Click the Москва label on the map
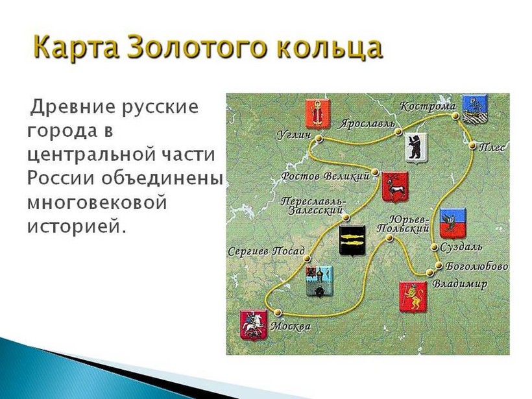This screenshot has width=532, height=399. tap(291, 326)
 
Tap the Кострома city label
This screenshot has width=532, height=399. tap(428, 106)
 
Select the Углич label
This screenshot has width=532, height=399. tap(294, 135)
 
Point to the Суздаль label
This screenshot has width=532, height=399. tap(461, 247)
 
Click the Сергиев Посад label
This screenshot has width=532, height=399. tap(267, 252)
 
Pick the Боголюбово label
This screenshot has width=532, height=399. tap(476, 267)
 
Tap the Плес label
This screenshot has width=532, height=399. tap(492, 147)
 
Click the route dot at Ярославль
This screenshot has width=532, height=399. tap(398, 132)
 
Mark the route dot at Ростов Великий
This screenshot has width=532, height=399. tap(374, 173)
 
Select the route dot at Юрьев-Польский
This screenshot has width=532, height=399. tap(389, 237)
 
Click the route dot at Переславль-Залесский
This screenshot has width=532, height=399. tap(346, 217)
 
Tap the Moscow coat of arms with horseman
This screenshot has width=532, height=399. tap(254, 325)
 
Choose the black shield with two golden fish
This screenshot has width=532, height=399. tap(352, 240)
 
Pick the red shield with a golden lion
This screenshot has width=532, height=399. tap(413, 297)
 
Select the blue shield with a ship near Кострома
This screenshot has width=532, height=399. tap(475, 108)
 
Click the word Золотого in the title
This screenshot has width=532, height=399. tap(198, 47)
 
